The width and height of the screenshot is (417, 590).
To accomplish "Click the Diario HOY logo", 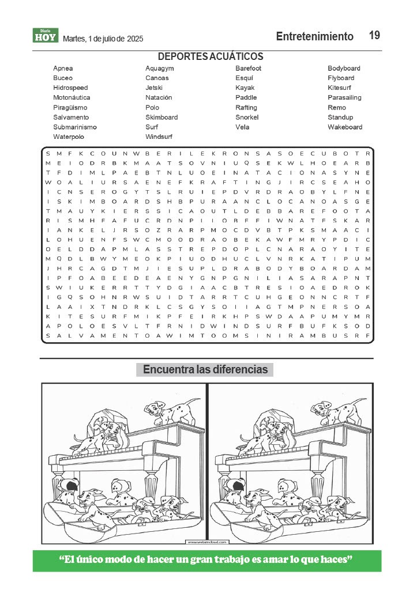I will click(x=46, y=36).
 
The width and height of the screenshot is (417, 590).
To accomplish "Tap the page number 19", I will click(x=374, y=36).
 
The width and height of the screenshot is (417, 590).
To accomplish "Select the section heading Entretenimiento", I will click(x=314, y=37).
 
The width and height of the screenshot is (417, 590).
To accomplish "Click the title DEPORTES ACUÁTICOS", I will click(x=211, y=56).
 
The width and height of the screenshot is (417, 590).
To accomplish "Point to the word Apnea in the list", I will click(x=63, y=69).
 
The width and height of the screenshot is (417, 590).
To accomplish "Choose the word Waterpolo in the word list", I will click(x=69, y=137).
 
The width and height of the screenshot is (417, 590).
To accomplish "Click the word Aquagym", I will click(x=160, y=69).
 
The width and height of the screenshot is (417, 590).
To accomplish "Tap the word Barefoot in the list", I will click(x=248, y=69).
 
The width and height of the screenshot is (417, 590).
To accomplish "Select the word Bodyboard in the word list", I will click(x=344, y=69).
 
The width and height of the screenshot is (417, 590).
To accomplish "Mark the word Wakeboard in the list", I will click(x=345, y=127).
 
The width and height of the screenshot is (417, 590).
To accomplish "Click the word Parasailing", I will click(x=344, y=98).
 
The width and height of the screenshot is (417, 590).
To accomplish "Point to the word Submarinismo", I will click(x=75, y=127).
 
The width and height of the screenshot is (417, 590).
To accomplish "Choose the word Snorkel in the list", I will click(x=247, y=118).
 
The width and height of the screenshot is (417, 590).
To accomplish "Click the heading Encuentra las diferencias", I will click(x=205, y=370).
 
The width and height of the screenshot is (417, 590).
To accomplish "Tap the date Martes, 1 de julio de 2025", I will click(x=103, y=39).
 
